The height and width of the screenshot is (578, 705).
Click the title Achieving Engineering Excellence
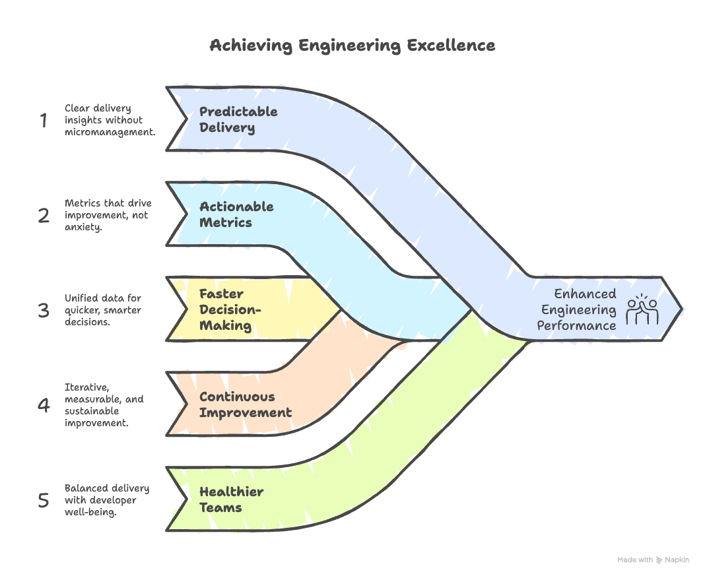tap(352, 46)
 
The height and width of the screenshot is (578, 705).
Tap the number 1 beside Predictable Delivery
tap(44, 121)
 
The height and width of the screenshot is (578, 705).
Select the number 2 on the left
tap(44, 216)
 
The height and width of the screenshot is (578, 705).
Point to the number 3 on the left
tap(44, 311)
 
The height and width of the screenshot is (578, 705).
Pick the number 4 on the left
tap(44, 405)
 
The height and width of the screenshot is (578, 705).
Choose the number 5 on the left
tap(44, 501)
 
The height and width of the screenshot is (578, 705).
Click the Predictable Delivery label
tap(238, 119)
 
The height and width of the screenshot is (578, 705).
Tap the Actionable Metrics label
tap(236, 214)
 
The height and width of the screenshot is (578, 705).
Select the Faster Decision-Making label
tap(226, 309)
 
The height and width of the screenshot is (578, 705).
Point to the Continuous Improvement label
tap(246, 404)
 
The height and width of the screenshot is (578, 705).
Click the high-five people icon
tap(642, 309)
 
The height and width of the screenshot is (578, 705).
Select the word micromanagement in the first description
tap(110, 132)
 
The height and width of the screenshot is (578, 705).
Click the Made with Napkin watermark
tap(654, 560)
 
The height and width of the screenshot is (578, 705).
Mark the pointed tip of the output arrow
tap(682, 309)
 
